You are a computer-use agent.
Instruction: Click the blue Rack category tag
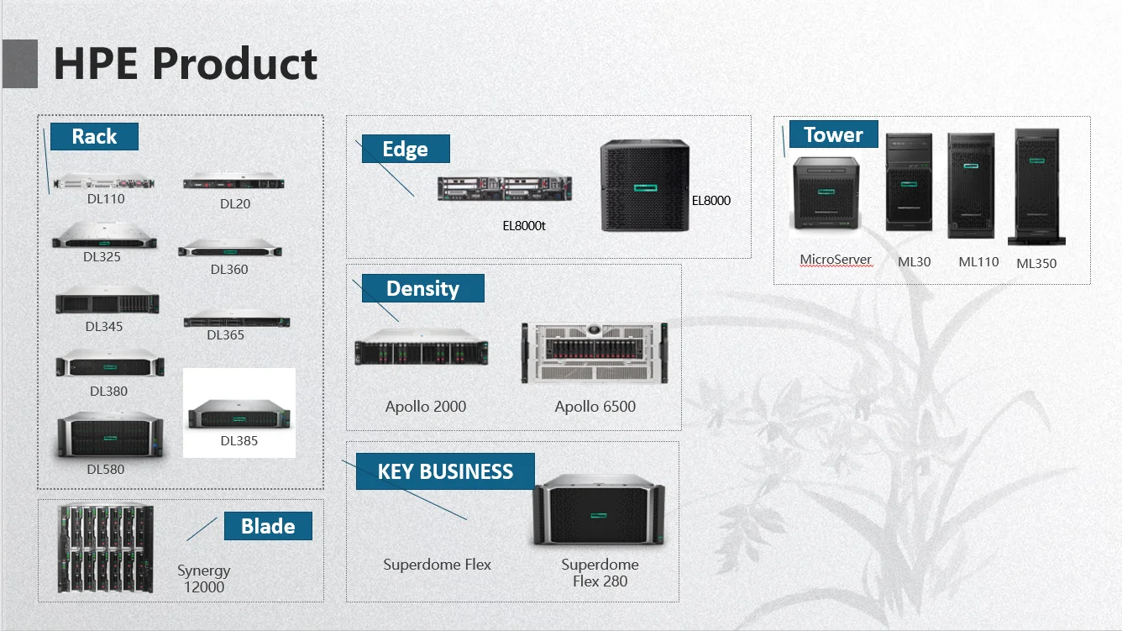[x=94, y=136]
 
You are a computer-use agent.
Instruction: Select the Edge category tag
[x=405, y=149]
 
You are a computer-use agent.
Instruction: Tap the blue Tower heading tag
[x=832, y=134]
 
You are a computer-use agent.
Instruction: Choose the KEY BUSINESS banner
[x=445, y=471]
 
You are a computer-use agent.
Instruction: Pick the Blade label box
[x=268, y=526]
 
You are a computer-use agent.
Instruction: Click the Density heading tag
[x=422, y=288]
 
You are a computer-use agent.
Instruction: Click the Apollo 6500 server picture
[x=595, y=352]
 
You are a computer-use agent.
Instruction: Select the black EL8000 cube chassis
[x=645, y=187]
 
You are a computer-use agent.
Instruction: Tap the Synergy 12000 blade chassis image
[x=106, y=549]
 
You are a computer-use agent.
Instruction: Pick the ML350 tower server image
[x=1037, y=187]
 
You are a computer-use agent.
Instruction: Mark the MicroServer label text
[x=836, y=260]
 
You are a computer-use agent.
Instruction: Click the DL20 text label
[x=235, y=204]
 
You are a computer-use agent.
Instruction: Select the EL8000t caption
[x=524, y=226]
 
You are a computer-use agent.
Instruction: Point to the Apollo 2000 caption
[x=426, y=407]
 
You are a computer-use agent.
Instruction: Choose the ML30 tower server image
[x=909, y=182]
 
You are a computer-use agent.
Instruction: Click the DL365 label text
[x=226, y=335]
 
